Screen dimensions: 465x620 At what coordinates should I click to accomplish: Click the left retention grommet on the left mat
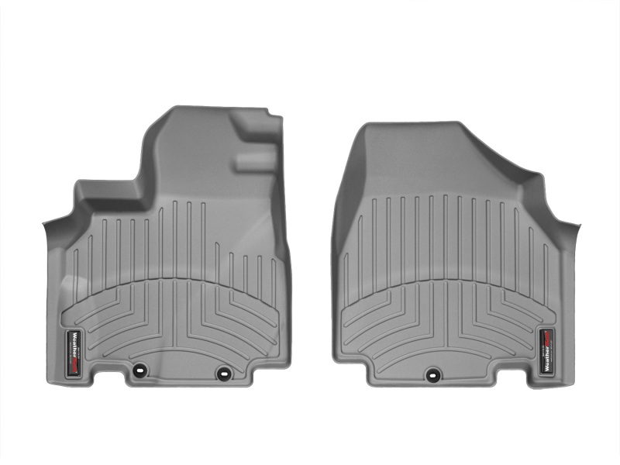141,370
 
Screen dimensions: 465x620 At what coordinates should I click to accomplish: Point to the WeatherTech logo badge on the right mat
547,351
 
